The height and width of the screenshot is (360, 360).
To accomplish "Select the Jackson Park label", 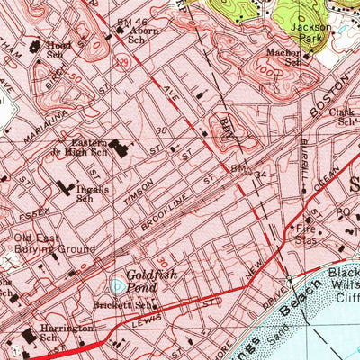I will [310, 35].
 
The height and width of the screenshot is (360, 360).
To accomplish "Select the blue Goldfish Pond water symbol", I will [119, 287].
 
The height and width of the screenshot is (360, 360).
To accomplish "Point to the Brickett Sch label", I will [134, 306].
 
